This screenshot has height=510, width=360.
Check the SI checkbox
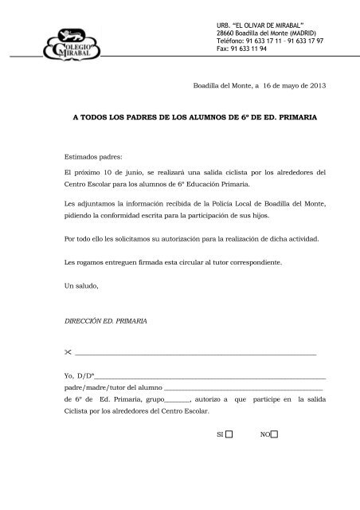tap(229, 435)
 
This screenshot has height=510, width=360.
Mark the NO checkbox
tap(275, 435)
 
